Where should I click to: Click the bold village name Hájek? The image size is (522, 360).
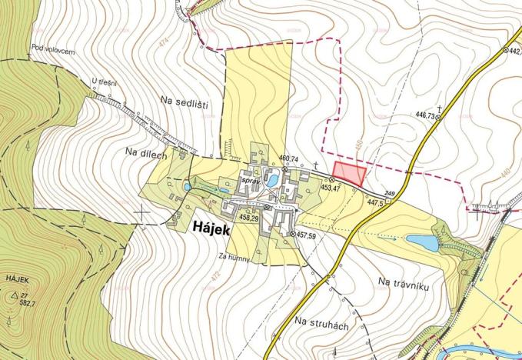click(x=209, y=226)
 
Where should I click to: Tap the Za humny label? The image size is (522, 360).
click(x=234, y=257)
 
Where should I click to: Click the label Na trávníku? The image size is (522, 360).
click(x=402, y=285)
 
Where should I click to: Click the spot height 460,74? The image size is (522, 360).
click(x=288, y=159)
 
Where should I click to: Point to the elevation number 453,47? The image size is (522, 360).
click(x=331, y=188)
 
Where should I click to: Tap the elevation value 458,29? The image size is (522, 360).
click(x=248, y=218)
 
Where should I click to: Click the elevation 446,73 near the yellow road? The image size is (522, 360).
click(x=425, y=115)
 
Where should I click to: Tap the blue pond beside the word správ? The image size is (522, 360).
click(x=271, y=180)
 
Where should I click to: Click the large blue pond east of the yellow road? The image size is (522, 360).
click(x=422, y=243)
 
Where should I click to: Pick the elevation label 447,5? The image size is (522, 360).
click(x=375, y=202)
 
